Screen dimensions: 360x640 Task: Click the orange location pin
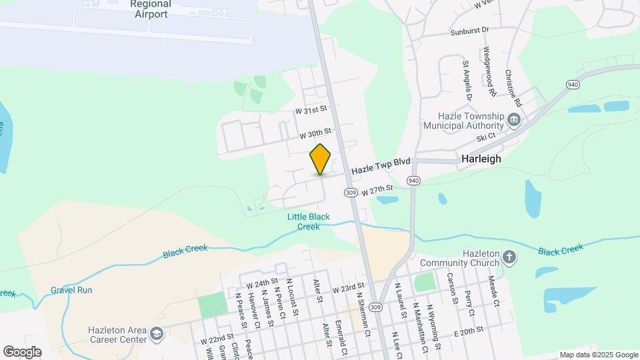click(x=321, y=159)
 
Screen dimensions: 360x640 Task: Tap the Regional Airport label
click(x=151, y=9)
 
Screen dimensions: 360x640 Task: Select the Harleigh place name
click(x=481, y=159)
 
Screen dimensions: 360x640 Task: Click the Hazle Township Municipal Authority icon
click(x=514, y=121)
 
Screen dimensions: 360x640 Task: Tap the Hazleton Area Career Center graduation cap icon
click(x=156, y=334)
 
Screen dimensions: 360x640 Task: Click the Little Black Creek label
click(x=308, y=221)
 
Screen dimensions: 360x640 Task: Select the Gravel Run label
click(x=71, y=290)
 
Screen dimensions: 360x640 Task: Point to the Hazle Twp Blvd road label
click(x=381, y=166)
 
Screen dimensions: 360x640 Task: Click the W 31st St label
click(x=313, y=109)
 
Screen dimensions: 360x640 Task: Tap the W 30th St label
click(x=315, y=134)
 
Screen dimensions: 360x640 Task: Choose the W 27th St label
click(x=378, y=191)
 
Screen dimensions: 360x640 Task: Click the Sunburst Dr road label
click(x=469, y=31)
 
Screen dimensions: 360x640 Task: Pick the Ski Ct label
click(x=486, y=136)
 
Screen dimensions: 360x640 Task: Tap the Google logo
click(x=22, y=351)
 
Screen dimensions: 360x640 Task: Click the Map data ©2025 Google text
click(x=598, y=355)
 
